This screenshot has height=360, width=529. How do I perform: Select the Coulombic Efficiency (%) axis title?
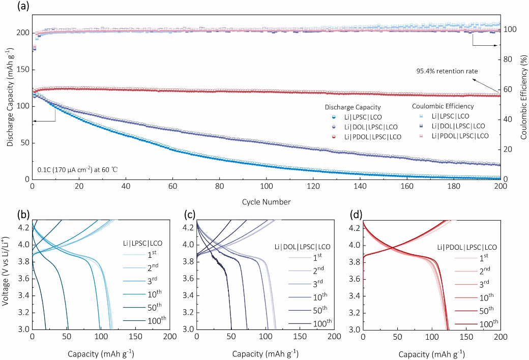523,97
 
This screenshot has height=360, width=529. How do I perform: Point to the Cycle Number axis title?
267,202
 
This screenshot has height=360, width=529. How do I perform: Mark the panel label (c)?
189,214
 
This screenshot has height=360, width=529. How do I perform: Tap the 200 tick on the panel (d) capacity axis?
501,337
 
